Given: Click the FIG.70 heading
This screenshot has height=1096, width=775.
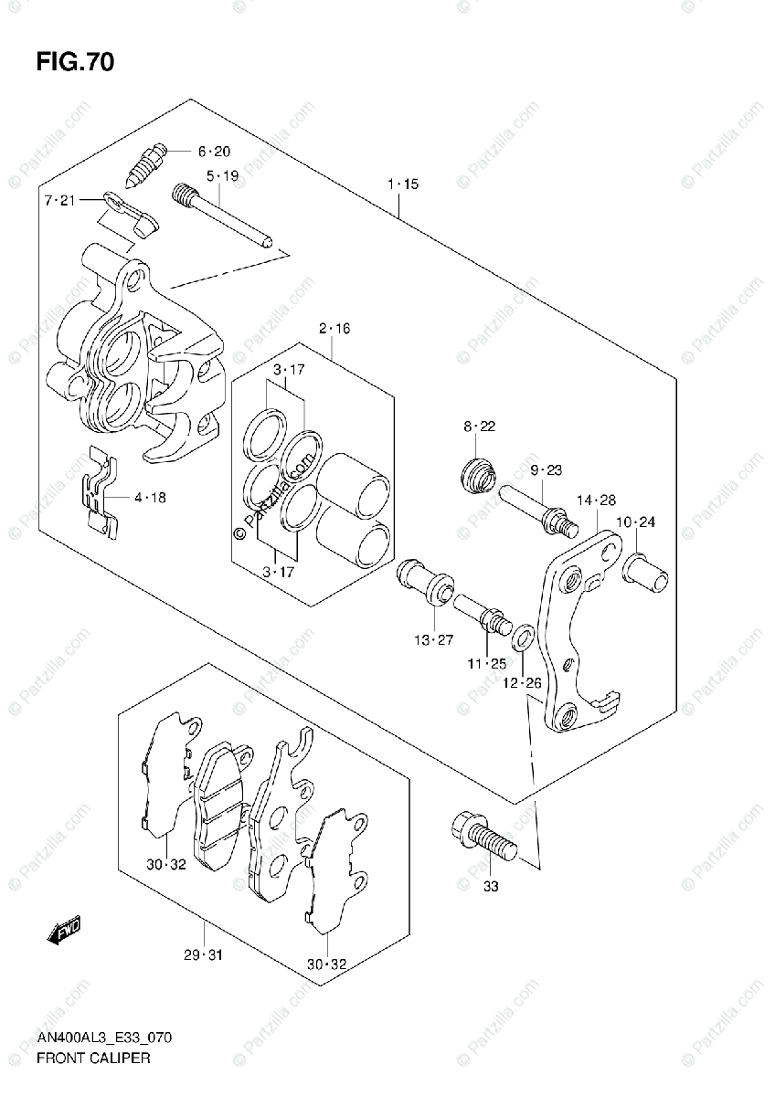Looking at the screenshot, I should pos(76,62).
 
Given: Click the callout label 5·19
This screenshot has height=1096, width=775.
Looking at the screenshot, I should pos(221,175).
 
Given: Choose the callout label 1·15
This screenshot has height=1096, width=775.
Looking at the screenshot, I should pos(402,184).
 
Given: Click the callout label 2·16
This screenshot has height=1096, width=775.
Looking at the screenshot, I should pos(334,328).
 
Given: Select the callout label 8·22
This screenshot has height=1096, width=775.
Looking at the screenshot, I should pos(479,427).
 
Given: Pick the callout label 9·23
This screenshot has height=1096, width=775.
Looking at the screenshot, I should pos(545,470).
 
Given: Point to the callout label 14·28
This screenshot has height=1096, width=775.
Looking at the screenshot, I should pos(596,501).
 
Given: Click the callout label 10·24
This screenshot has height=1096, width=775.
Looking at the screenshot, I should pos(636,522).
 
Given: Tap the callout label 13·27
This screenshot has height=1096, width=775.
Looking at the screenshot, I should pos(433,640).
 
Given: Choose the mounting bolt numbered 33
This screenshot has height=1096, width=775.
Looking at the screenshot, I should pos(483,837).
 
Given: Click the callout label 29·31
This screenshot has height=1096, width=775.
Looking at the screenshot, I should pos(203,955).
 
